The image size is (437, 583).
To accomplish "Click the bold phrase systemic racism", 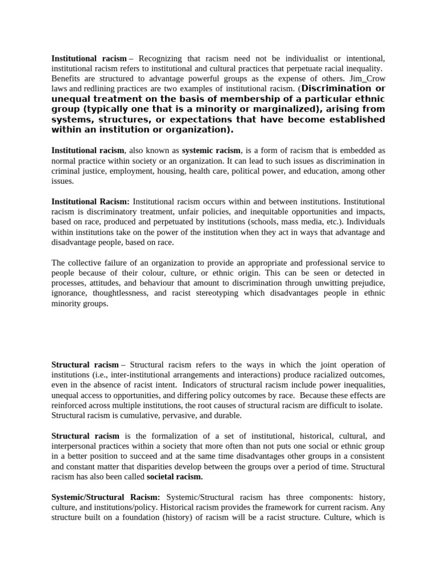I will [x=212, y=150].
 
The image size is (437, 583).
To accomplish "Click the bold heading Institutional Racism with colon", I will [x=90, y=202].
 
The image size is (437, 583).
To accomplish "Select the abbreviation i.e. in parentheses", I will [x=105, y=375].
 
